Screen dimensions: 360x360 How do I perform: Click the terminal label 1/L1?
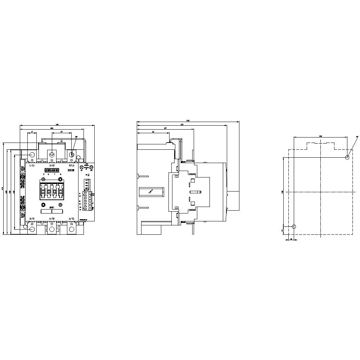(32, 165)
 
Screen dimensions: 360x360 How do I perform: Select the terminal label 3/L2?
(51, 165)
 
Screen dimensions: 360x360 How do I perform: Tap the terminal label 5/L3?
(71, 165)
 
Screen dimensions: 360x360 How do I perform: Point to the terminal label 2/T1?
(32, 219)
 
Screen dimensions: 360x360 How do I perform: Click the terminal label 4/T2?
(51, 219)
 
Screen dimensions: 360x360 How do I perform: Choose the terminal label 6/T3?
(71, 219)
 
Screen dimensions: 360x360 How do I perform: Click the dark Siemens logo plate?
(51, 170)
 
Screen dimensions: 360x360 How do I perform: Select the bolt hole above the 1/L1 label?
(32, 155)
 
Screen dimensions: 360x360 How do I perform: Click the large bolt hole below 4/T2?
(51, 229)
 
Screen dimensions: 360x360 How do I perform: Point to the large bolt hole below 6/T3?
(71, 229)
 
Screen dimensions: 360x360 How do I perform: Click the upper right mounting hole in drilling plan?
(347, 157)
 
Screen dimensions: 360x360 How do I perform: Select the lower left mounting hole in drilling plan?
(294, 227)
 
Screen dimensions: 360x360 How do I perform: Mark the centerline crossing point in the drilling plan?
(320, 192)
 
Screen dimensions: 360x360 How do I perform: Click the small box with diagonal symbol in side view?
(151, 192)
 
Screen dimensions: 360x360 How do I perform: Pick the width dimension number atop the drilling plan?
(320, 136)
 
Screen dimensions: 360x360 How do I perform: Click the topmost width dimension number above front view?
(57, 124)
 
